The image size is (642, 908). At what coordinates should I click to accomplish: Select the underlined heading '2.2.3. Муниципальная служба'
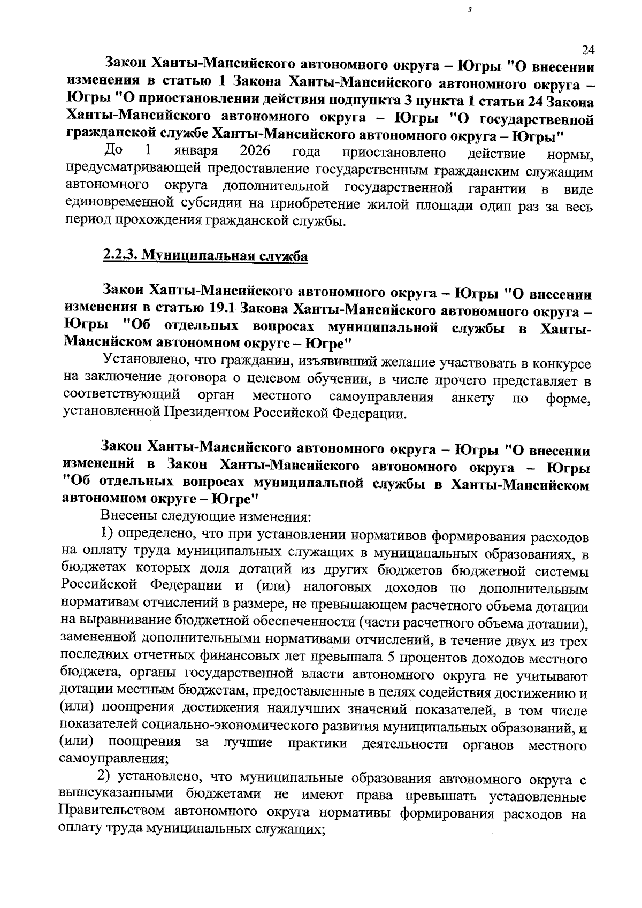click(x=205, y=256)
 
